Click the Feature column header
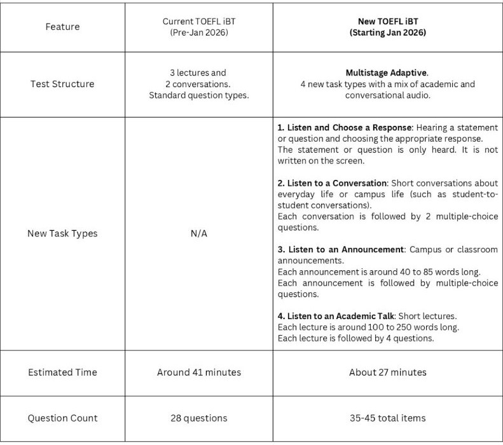point(62,27)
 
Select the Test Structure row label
point(62,84)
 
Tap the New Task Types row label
point(62,233)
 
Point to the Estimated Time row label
point(62,372)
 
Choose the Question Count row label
point(62,418)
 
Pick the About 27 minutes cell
point(388,372)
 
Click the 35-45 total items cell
point(388,418)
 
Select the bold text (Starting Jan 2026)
point(388,33)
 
